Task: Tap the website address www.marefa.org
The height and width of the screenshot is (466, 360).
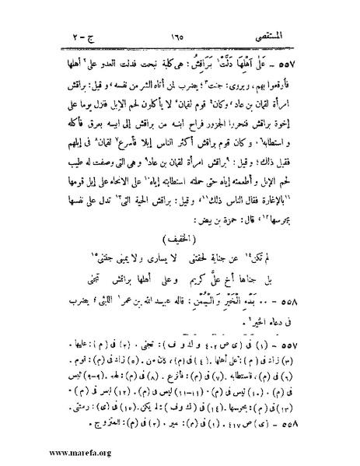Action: [x=48, y=450]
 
